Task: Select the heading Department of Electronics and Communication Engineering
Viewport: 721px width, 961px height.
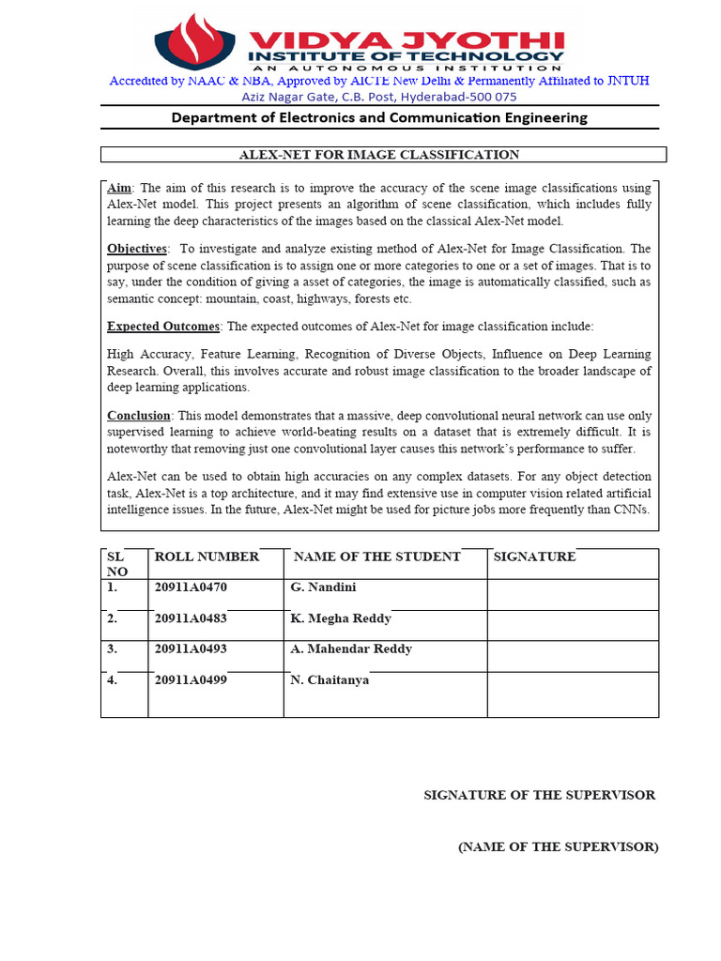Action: pyautogui.click(x=378, y=117)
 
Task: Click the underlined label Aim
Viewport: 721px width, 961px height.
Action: pyautogui.click(x=119, y=188)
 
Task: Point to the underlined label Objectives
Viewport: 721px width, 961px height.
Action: pyautogui.click(x=137, y=249)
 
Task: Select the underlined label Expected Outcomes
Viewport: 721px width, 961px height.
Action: pyautogui.click(x=163, y=326)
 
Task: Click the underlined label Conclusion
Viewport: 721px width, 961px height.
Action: pyautogui.click(x=139, y=415)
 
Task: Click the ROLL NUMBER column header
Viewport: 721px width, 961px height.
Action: pyautogui.click(x=207, y=557)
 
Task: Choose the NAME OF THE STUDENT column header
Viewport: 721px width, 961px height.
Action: pyautogui.click(x=377, y=557)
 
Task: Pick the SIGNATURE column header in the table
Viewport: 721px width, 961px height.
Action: pyautogui.click(x=535, y=557)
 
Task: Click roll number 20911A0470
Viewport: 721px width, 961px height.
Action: pyautogui.click(x=191, y=587)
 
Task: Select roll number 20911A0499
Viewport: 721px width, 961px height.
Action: pyautogui.click(x=191, y=680)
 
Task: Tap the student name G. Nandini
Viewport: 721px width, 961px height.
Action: pyautogui.click(x=323, y=587)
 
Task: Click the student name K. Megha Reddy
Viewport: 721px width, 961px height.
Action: pyautogui.click(x=341, y=618)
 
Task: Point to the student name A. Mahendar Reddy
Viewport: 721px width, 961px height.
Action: pyautogui.click(x=351, y=648)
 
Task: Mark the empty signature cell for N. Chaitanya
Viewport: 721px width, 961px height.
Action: pyautogui.click(x=573, y=694)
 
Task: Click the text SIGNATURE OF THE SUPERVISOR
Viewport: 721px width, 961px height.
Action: pyautogui.click(x=539, y=795)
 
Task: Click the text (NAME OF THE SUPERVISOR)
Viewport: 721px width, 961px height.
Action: pyautogui.click(x=558, y=847)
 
